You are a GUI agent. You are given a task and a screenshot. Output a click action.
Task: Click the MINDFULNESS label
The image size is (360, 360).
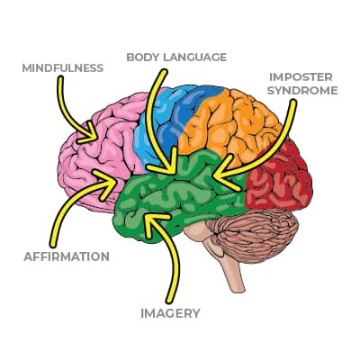coord(63,68)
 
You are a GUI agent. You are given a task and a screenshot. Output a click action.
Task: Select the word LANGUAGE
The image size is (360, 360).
coord(194,57)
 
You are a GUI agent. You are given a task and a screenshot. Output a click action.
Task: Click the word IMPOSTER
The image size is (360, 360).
coord(301,77)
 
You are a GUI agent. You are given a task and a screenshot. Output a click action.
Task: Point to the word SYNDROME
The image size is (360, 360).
coord(302,90)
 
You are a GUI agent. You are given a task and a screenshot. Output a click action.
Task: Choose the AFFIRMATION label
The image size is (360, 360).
coord(67,256)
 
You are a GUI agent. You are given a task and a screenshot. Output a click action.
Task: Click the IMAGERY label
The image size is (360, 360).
coord(170,313)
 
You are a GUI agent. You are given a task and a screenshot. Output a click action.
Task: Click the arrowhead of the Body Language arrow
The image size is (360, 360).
coord(168,165)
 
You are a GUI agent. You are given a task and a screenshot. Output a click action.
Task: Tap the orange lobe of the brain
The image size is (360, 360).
coord(231,126)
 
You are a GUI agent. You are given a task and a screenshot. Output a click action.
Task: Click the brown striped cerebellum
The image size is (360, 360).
coord(255,236)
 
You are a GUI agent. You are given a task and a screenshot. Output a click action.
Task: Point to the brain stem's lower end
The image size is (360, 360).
coord(238,289)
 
